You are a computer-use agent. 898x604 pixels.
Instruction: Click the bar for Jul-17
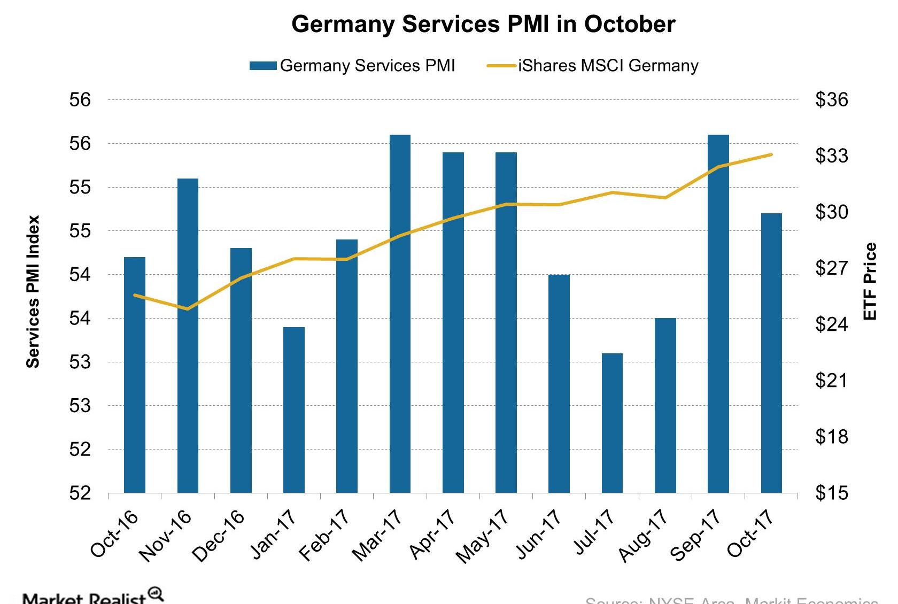(612, 423)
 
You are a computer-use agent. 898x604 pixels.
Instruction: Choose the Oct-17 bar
(771, 353)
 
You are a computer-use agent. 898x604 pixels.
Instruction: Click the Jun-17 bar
(559, 384)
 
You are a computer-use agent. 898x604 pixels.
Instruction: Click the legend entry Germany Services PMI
(353, 66)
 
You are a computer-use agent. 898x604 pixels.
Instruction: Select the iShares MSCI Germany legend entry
(593, 66)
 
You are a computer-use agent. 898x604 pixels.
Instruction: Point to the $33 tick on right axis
(831, 156)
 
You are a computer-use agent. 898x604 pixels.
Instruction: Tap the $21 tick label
(831, 380)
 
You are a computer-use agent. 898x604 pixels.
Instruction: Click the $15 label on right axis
(831, 492)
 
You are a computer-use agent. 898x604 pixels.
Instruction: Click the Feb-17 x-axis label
(324, 535)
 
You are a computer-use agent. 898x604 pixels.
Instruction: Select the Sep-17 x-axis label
(695, 535)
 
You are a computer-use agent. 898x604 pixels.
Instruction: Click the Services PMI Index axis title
(33, 291)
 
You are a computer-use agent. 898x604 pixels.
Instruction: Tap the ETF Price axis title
(870, 281)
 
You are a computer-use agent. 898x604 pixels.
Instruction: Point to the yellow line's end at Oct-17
(771, 154)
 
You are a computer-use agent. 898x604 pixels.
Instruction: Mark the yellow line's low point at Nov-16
(187, 309)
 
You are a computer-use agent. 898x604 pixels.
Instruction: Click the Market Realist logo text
(86, 598)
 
